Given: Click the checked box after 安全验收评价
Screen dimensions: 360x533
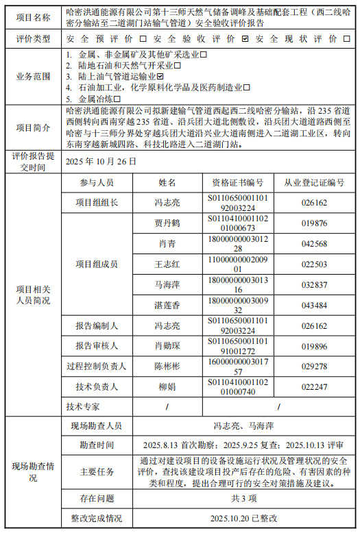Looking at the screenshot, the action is point(245,39).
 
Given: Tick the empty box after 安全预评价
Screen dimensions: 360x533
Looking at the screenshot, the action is point(143,39).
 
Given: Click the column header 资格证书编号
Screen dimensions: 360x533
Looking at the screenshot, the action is point(237,183).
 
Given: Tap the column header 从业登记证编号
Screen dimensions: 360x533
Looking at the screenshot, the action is point(315,183).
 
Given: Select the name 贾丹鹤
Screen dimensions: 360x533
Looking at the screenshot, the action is point(167,223).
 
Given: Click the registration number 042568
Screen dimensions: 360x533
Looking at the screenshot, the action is point(315,244).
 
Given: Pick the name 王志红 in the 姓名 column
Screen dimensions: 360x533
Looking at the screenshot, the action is point(167,264).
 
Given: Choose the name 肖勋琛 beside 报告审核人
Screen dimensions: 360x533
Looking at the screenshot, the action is point(167,346).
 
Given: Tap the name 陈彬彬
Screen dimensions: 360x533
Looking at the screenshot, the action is point(167,367).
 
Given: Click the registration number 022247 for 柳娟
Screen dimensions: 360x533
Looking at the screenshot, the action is point(315,387).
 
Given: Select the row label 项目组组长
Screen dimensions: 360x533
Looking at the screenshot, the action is point(97,203).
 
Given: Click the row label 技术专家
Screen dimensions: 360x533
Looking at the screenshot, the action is point(83,406).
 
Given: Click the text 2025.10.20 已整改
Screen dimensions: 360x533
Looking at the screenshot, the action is point(234,519).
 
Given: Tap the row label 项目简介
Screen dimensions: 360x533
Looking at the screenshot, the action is point(33,127).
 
